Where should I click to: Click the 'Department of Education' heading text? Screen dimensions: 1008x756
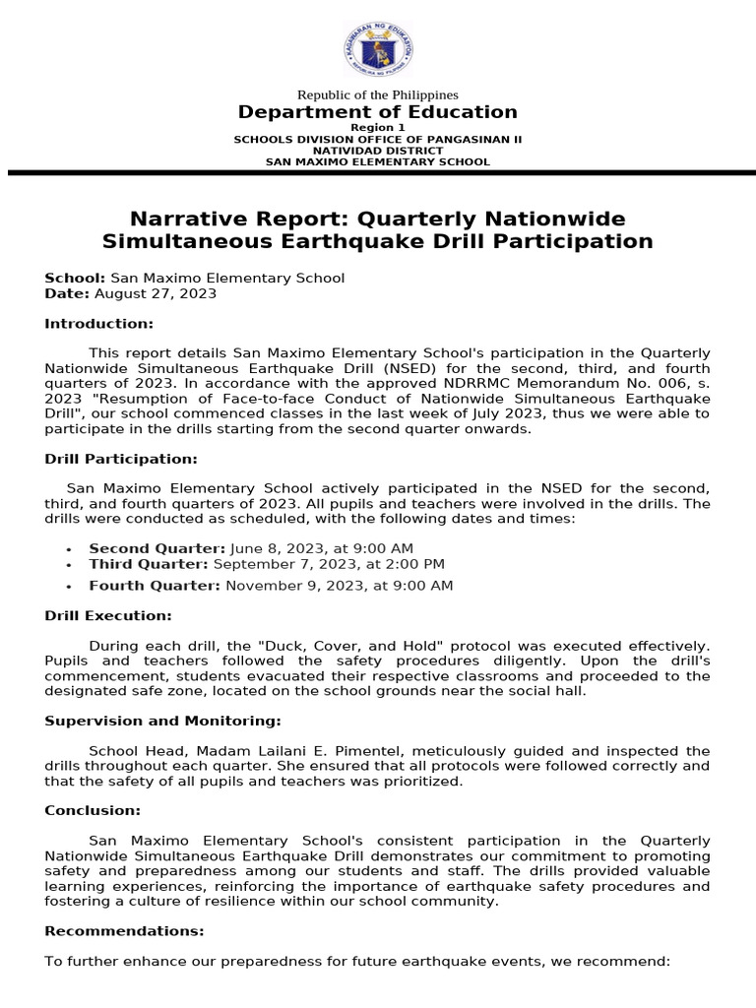coord(378,112)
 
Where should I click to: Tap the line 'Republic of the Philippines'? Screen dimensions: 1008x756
coord(378,94)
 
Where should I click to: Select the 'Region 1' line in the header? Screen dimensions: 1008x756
coord(378,128)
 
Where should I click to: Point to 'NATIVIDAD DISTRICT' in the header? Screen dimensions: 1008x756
coord(378,151)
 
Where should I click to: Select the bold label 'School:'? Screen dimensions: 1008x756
coord(75,279)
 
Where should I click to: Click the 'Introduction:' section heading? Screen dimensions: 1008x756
coord(99,324)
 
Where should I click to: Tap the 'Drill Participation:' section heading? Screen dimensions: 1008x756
coord(121,459)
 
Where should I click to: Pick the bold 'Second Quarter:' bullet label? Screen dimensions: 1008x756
coord(157,548)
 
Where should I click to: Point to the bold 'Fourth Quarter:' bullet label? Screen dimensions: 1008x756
coord(155,586)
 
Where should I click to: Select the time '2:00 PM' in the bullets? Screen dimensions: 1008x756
coord(416,564)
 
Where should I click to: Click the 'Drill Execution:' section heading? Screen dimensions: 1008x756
coord(108,616)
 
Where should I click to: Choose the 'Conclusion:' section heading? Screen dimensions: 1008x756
coord(93,811)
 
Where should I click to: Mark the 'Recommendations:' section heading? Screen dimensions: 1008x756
coord(125,931)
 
